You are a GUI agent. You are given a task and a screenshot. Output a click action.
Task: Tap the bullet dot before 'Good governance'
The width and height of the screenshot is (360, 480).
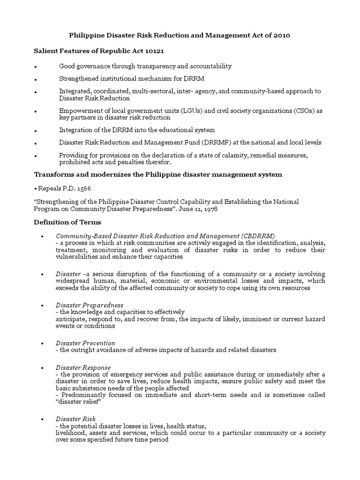(36, 67)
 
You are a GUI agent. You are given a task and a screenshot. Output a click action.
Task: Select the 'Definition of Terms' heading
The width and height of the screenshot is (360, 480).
(67, 222)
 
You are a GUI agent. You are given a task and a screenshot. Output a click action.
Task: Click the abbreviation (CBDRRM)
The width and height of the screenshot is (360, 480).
(258, 236)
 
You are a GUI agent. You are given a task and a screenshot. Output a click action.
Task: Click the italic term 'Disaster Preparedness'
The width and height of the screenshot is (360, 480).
(89, 305)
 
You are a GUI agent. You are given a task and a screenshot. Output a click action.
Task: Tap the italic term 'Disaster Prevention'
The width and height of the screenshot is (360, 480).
(85, 343)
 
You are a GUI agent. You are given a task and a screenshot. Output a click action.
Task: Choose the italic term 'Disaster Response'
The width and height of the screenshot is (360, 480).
(83, 367)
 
